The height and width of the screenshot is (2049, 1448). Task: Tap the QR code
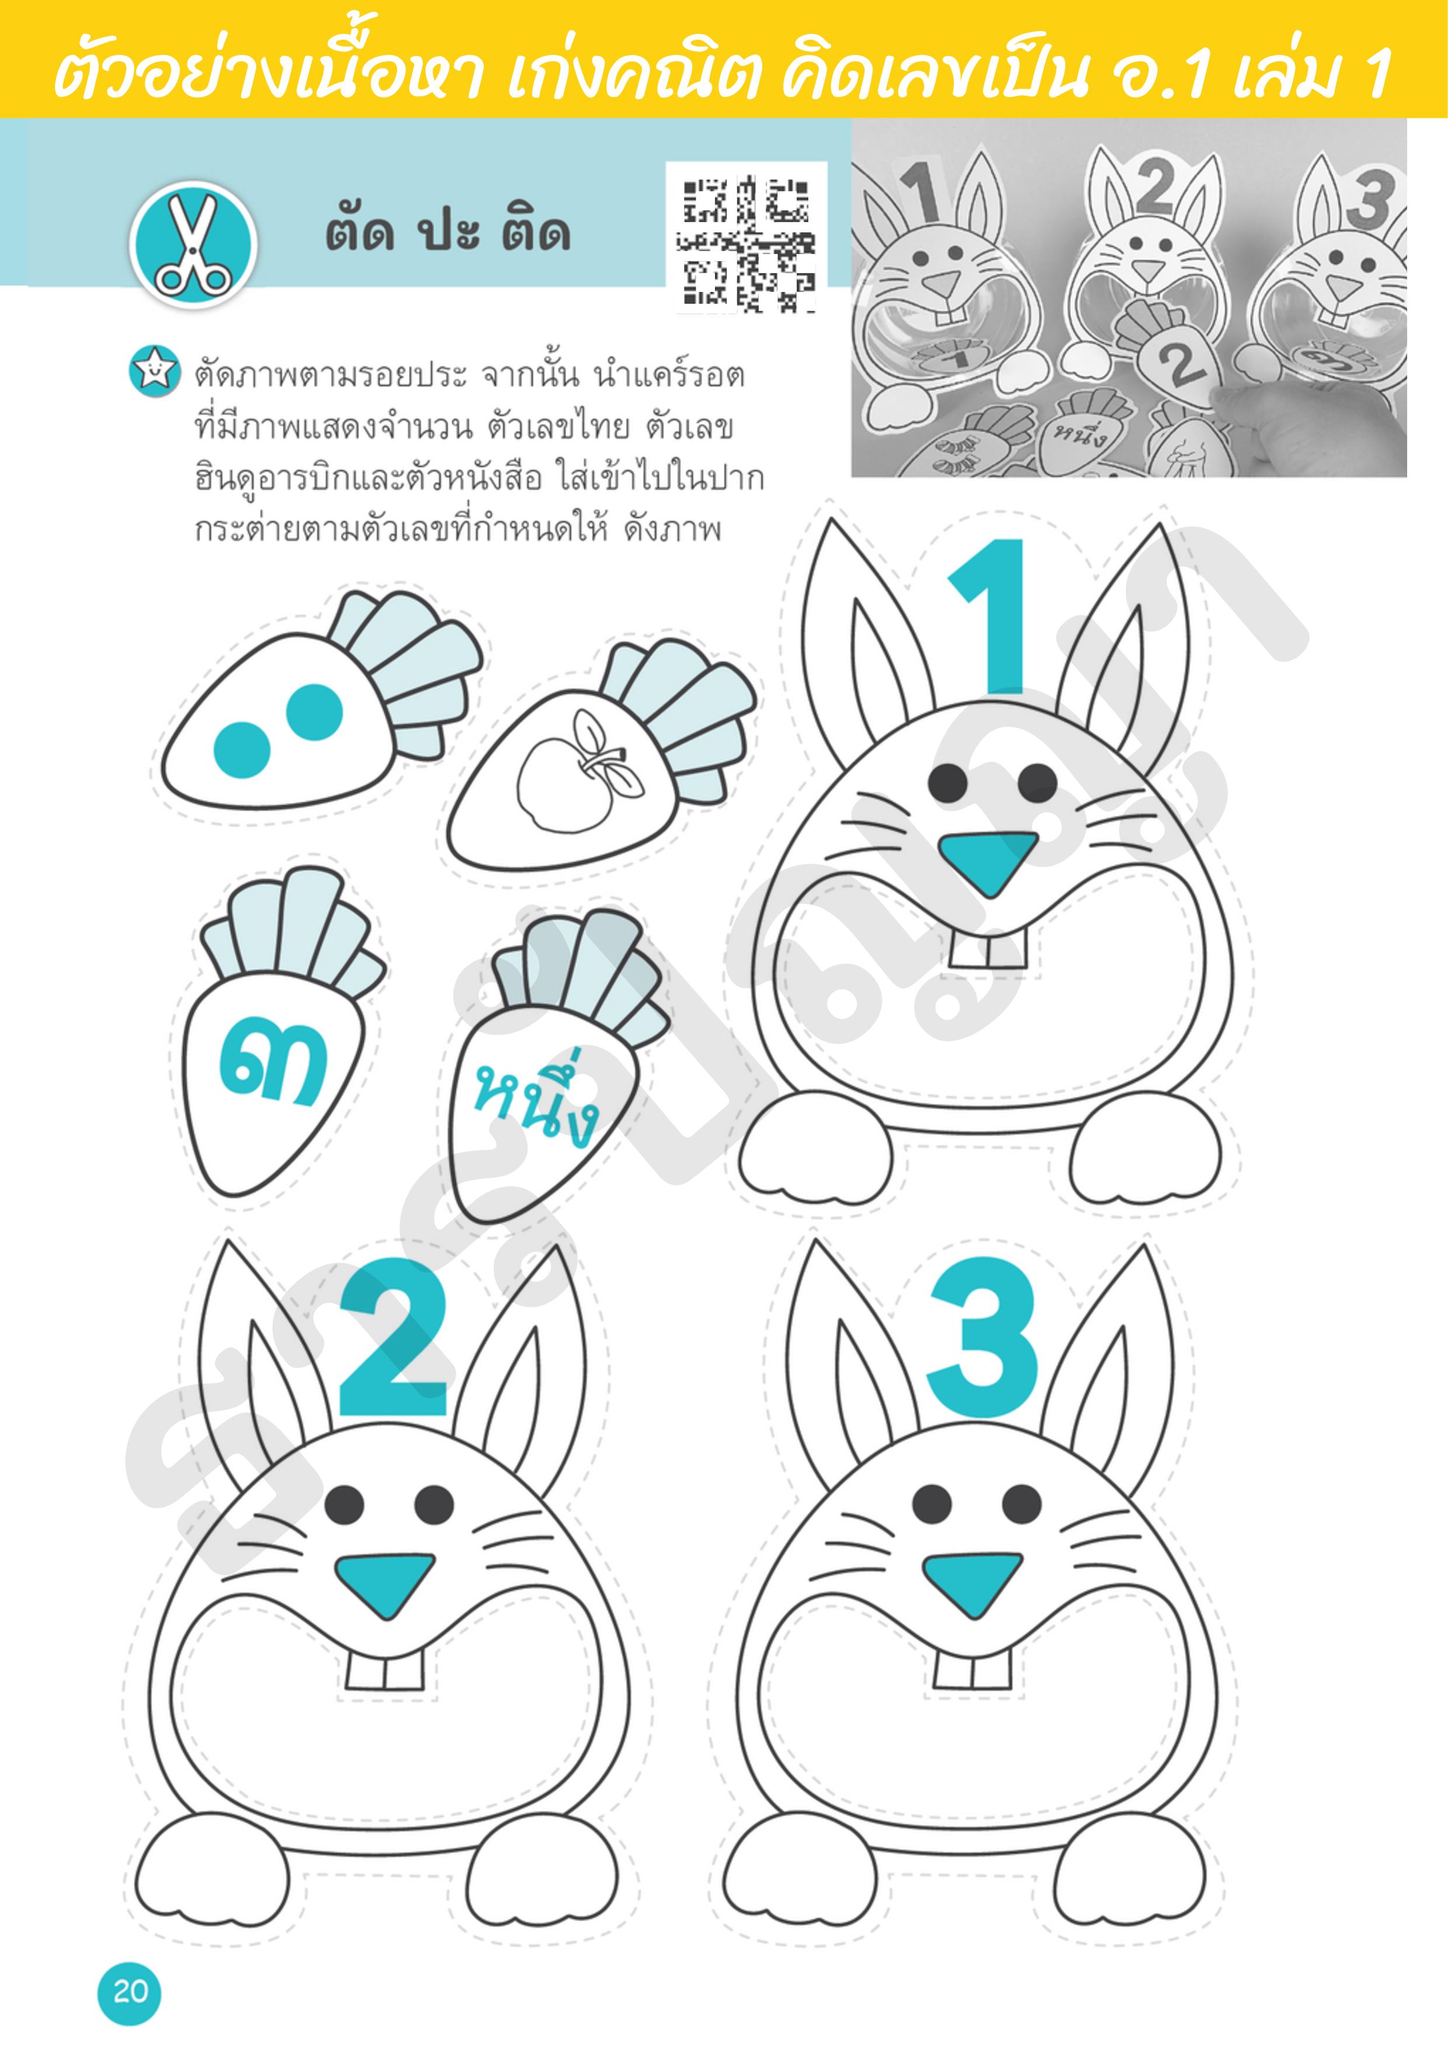click(746, 243)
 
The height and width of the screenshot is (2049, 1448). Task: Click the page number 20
click(130, 1992)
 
